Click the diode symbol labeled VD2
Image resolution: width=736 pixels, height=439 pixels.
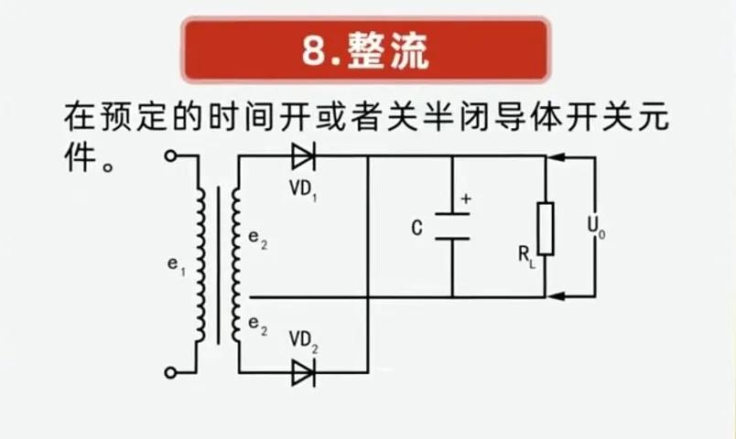303,372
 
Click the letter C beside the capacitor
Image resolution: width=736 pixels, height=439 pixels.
417,228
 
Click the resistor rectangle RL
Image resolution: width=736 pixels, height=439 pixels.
546,229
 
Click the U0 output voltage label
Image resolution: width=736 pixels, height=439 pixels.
596,226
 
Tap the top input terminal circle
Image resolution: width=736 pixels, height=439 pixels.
169,155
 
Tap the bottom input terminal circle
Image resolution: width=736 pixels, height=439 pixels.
169,372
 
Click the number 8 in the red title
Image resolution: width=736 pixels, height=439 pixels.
312,52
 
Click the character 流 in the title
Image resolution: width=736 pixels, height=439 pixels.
407,52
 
